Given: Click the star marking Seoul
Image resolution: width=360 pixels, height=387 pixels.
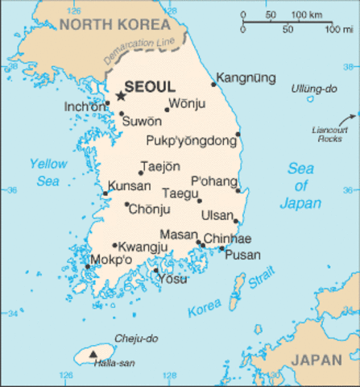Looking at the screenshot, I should (x=121, y=96).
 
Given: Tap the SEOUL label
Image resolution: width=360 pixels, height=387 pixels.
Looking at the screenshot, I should (x=150, y=86).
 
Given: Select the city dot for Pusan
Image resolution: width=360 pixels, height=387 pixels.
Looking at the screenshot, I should (x=221, y=248).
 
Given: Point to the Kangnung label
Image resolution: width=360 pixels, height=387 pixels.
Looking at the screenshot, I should (x=247, y=78).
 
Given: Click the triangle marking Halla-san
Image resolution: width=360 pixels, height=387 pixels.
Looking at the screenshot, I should (x=94, y=354).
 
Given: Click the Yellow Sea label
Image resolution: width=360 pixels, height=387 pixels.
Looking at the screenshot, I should (x=48, y=172).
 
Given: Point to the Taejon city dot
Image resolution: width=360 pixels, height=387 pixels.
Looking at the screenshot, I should (x=140, y=173).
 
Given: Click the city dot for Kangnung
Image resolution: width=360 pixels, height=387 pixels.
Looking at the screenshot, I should (x=213, y=84).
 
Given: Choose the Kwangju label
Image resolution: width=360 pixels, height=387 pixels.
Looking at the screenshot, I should (x=143, y=246).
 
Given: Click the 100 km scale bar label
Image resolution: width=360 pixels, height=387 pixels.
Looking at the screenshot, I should (x=306, y=15).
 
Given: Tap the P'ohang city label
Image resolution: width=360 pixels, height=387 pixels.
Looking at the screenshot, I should (x=213, y=180).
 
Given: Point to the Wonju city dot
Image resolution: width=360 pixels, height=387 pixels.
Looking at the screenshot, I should (x=168, y=110).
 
